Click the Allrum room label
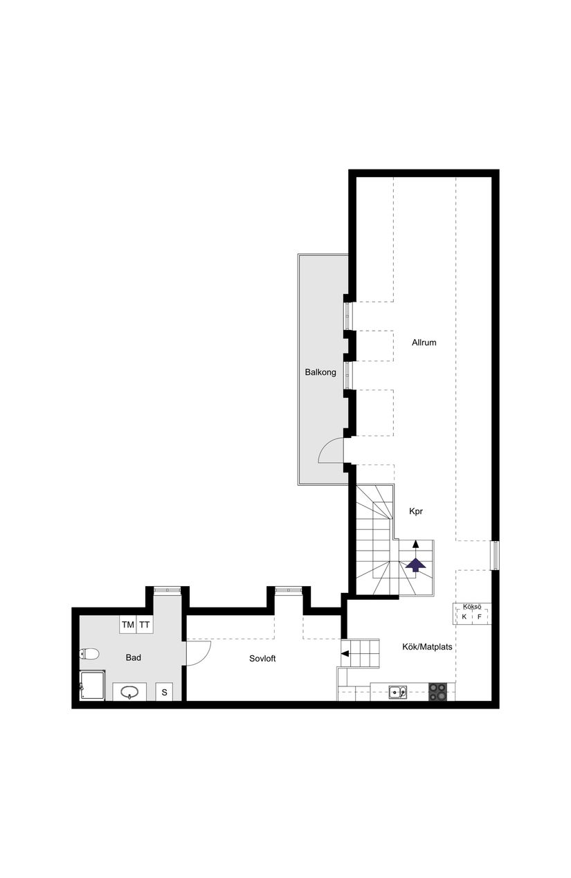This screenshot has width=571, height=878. pos(424,342)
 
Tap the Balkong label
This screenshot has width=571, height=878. pos(320,372)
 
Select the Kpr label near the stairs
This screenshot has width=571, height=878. pos(415,512)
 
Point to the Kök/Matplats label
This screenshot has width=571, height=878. pos(427,648)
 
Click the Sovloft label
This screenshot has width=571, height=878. pos(262,659)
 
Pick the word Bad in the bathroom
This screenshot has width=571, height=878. pos(134,657)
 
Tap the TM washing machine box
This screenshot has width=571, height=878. pos(128,625)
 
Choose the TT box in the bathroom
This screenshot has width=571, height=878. pos(144,625)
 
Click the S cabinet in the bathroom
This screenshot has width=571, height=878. pos(165,692)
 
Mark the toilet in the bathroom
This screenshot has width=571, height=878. pos(89,653)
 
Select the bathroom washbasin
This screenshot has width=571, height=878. pos(129,692)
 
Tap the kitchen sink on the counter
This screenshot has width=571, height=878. pos(397,691)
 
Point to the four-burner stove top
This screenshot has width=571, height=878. pos(437,691)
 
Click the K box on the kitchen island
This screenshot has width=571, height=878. pos(464,616)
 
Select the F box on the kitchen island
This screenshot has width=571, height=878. pos(479,616)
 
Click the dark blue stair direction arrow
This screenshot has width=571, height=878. pos(415,564)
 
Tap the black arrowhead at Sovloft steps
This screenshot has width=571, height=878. pos(345,652)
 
